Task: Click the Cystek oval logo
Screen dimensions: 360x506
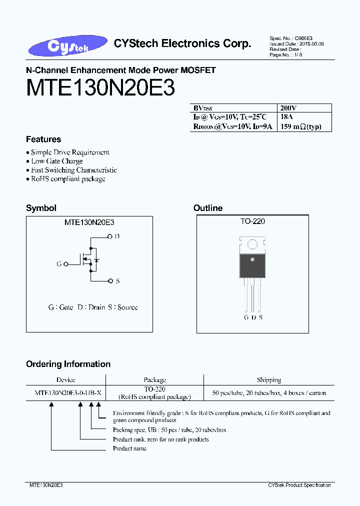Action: tap(68, 46)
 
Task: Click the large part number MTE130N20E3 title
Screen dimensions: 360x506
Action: tap(100, 88)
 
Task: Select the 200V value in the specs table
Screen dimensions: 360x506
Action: tap(288, 108)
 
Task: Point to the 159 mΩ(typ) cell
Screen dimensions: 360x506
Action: tap(300, 126)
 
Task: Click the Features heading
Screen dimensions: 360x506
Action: tap(43, 139)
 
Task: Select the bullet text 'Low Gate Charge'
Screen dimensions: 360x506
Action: tap(57, 161)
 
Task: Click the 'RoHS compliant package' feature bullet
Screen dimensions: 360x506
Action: tap(68, 179)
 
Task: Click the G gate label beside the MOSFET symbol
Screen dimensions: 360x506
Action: tap(59, 263)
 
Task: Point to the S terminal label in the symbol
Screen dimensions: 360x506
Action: tap(117, 281)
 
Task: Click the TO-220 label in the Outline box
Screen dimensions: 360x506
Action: tap(252, 221)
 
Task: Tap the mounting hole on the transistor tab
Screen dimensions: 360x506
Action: tap(252, 244)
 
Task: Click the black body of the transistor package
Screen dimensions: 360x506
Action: tap(252, 265)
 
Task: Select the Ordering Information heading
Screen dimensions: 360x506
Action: tap(68, 364)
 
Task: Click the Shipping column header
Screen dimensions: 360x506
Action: tap(269, 380)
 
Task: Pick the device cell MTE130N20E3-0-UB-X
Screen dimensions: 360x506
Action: tap(68, 393)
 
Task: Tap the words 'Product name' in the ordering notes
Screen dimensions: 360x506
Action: tap(129, 448)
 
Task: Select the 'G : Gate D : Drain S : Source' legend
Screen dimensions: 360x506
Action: tap(93, 307)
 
